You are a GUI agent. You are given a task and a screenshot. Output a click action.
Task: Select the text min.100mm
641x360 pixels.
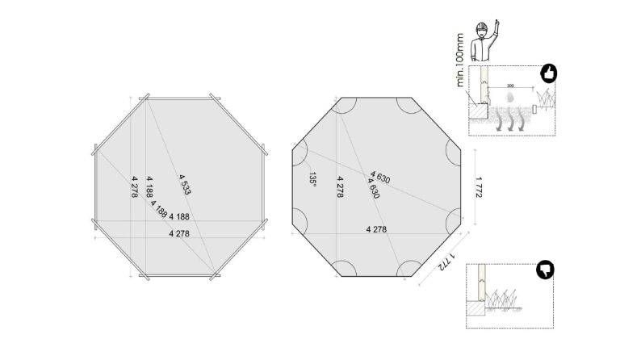pyautogui.click(x=461, y=61)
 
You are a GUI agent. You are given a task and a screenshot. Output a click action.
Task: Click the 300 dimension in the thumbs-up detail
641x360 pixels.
pyautogui.click(x=510, y=86)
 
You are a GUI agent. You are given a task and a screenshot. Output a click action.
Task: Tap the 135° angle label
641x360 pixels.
pyautogui.click(x=312, y=178)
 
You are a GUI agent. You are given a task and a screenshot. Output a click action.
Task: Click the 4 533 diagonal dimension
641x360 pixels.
pyautogui.click(x=184, y=184)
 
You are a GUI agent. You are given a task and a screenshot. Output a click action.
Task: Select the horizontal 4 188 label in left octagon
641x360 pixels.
pyautogui.click(x=179, y=216)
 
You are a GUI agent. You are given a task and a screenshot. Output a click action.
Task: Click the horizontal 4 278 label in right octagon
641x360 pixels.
pyautogui.click(x=376, y=229)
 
